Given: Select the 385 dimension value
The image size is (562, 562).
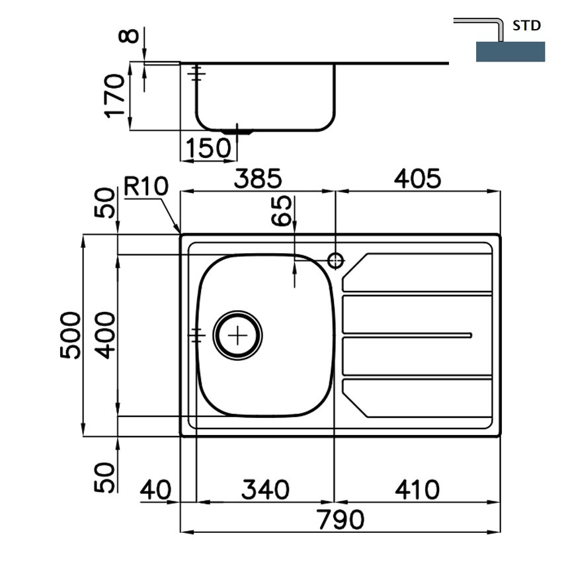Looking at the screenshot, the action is [258, 179].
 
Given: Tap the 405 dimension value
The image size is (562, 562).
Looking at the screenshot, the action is [417, 179].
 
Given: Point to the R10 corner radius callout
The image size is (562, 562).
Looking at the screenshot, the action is [146, 186].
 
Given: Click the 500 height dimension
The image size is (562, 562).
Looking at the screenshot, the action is [70, 335].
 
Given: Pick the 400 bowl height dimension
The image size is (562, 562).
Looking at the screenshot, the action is [106, 335].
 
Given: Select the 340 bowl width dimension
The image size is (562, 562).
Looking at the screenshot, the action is [265, 489].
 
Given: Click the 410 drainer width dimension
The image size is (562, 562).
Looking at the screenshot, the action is [417, 489].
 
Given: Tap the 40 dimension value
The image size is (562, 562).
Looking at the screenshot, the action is [155, 489].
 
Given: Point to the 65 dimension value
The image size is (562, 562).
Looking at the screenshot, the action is [282, 211].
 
